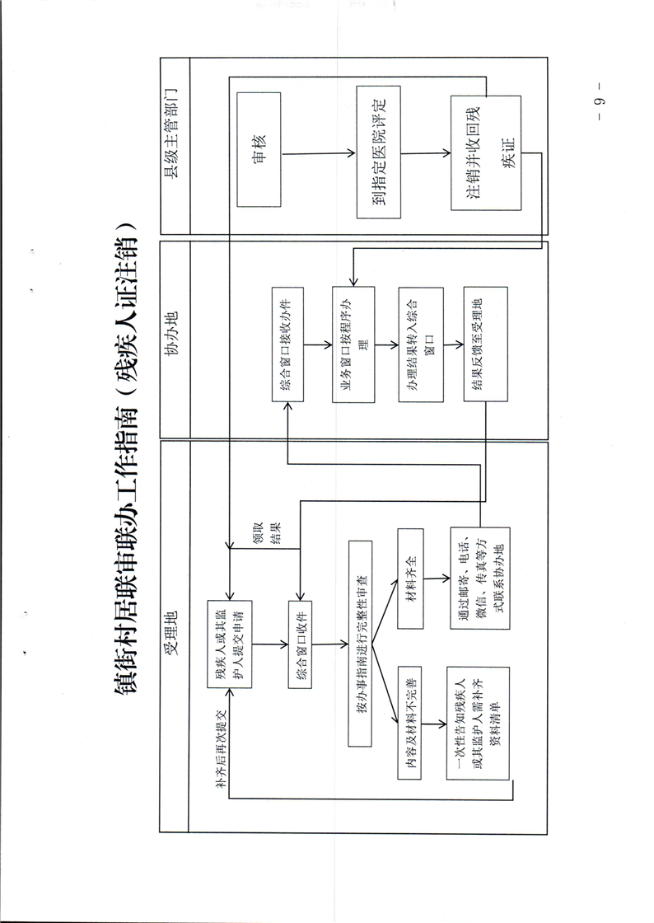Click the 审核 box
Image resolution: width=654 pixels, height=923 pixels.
click(x=259, y=149)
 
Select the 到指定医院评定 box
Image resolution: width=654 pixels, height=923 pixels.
click(x=379, y=152)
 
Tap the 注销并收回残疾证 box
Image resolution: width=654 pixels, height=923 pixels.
click(x=485, y=153)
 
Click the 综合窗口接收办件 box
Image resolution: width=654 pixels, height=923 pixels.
click(x=289, y=344)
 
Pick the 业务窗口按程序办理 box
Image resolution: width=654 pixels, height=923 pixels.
click(x=353, y=344)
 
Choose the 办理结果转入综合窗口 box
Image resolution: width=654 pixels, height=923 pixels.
click(x=420, y=344)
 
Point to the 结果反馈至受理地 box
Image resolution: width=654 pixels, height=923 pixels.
click(x=485, y=344)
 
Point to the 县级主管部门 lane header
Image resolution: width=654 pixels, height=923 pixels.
click(x=174, y=146)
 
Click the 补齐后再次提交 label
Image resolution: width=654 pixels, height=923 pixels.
click(x=221, y=748)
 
